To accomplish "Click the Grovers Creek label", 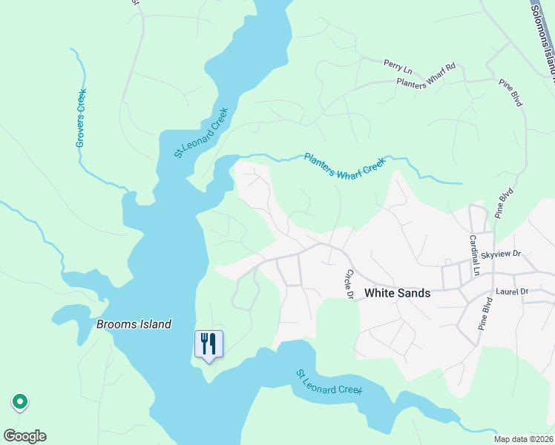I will [x=82, y=117].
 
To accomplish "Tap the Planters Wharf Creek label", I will [x=345, y=165].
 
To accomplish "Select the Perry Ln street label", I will [x=397, y=65].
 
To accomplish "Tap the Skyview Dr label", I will [x=502, y=254].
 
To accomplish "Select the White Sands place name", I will [x=397, y=293].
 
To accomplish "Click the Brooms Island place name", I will [x=134, y=324].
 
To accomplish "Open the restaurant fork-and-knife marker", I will [x=208, y=344].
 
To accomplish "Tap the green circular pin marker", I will [x=20, y=402].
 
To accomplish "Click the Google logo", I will [x=24, y=436].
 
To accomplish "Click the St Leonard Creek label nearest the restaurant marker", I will [x=329, y=382].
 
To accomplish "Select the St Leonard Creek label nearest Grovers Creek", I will [x=200, y=133].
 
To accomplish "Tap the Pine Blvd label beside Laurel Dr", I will [x=485, y=314].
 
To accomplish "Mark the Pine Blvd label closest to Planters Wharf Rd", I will [x=512, y=94].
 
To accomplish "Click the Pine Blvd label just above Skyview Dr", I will [x=505, y=203].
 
